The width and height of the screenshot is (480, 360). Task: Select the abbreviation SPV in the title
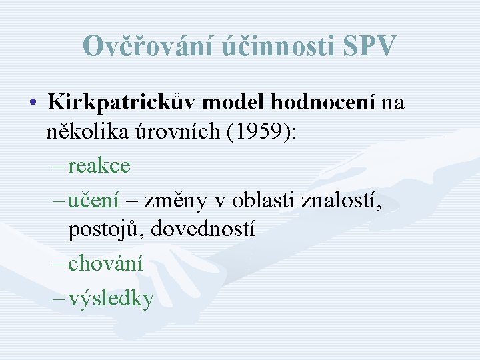pyautogui.click(x=371, y=46)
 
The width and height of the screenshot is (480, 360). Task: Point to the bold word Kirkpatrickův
pyautogui.click(x=122, y=103)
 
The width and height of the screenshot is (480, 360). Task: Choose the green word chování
pyautogui.click(x=105, y=263)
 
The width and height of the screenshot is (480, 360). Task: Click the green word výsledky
pyautogui.click(x=111, y=298)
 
